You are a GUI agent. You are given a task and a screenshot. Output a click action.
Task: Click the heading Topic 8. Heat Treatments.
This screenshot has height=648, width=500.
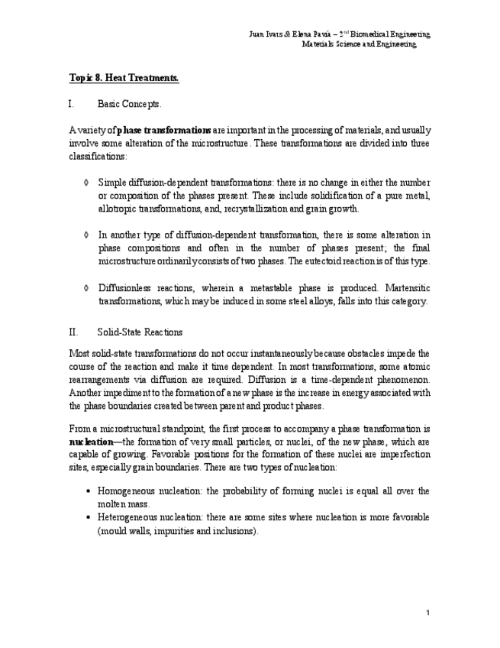point(124,78)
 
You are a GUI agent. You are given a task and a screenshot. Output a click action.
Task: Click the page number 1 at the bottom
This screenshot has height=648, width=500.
point(428,613)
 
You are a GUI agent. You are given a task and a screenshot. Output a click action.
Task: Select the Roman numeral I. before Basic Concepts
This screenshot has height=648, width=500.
point(71,104)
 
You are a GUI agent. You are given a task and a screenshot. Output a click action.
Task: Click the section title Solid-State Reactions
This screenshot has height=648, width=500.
point(140,332)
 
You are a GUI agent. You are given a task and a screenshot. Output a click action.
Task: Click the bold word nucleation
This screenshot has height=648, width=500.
point(90,442)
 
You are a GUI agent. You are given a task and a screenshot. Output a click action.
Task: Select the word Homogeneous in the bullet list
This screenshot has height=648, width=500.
point(127,491)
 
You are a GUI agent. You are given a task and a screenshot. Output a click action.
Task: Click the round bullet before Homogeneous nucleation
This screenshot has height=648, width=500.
point(90,491)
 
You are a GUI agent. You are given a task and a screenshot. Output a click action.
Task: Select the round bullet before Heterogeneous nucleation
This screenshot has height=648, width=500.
point(90,518)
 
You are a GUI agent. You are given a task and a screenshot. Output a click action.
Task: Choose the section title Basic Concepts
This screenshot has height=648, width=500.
point(130,104)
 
